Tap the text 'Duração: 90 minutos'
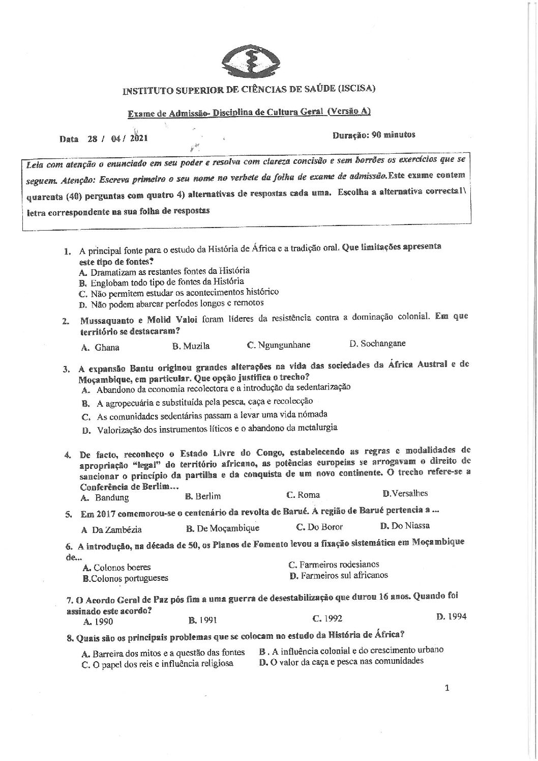(x=374, y=135)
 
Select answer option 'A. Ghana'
(x=100, y=348)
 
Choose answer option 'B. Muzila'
(x=191, y=346)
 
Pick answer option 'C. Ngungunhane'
(x=278, y=345)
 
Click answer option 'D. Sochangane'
(x=377, y=343)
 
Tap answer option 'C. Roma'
(x=303, y=494)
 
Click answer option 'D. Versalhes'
(x=405, y=493)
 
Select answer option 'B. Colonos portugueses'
(x=125, y=578)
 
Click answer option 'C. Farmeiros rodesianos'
(x=334, y=564)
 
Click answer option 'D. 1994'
(x=451, y=617)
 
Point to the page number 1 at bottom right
(x=447, y=689)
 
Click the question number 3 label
(x=66, y=370)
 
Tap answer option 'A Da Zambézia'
(x=111, y=529)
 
